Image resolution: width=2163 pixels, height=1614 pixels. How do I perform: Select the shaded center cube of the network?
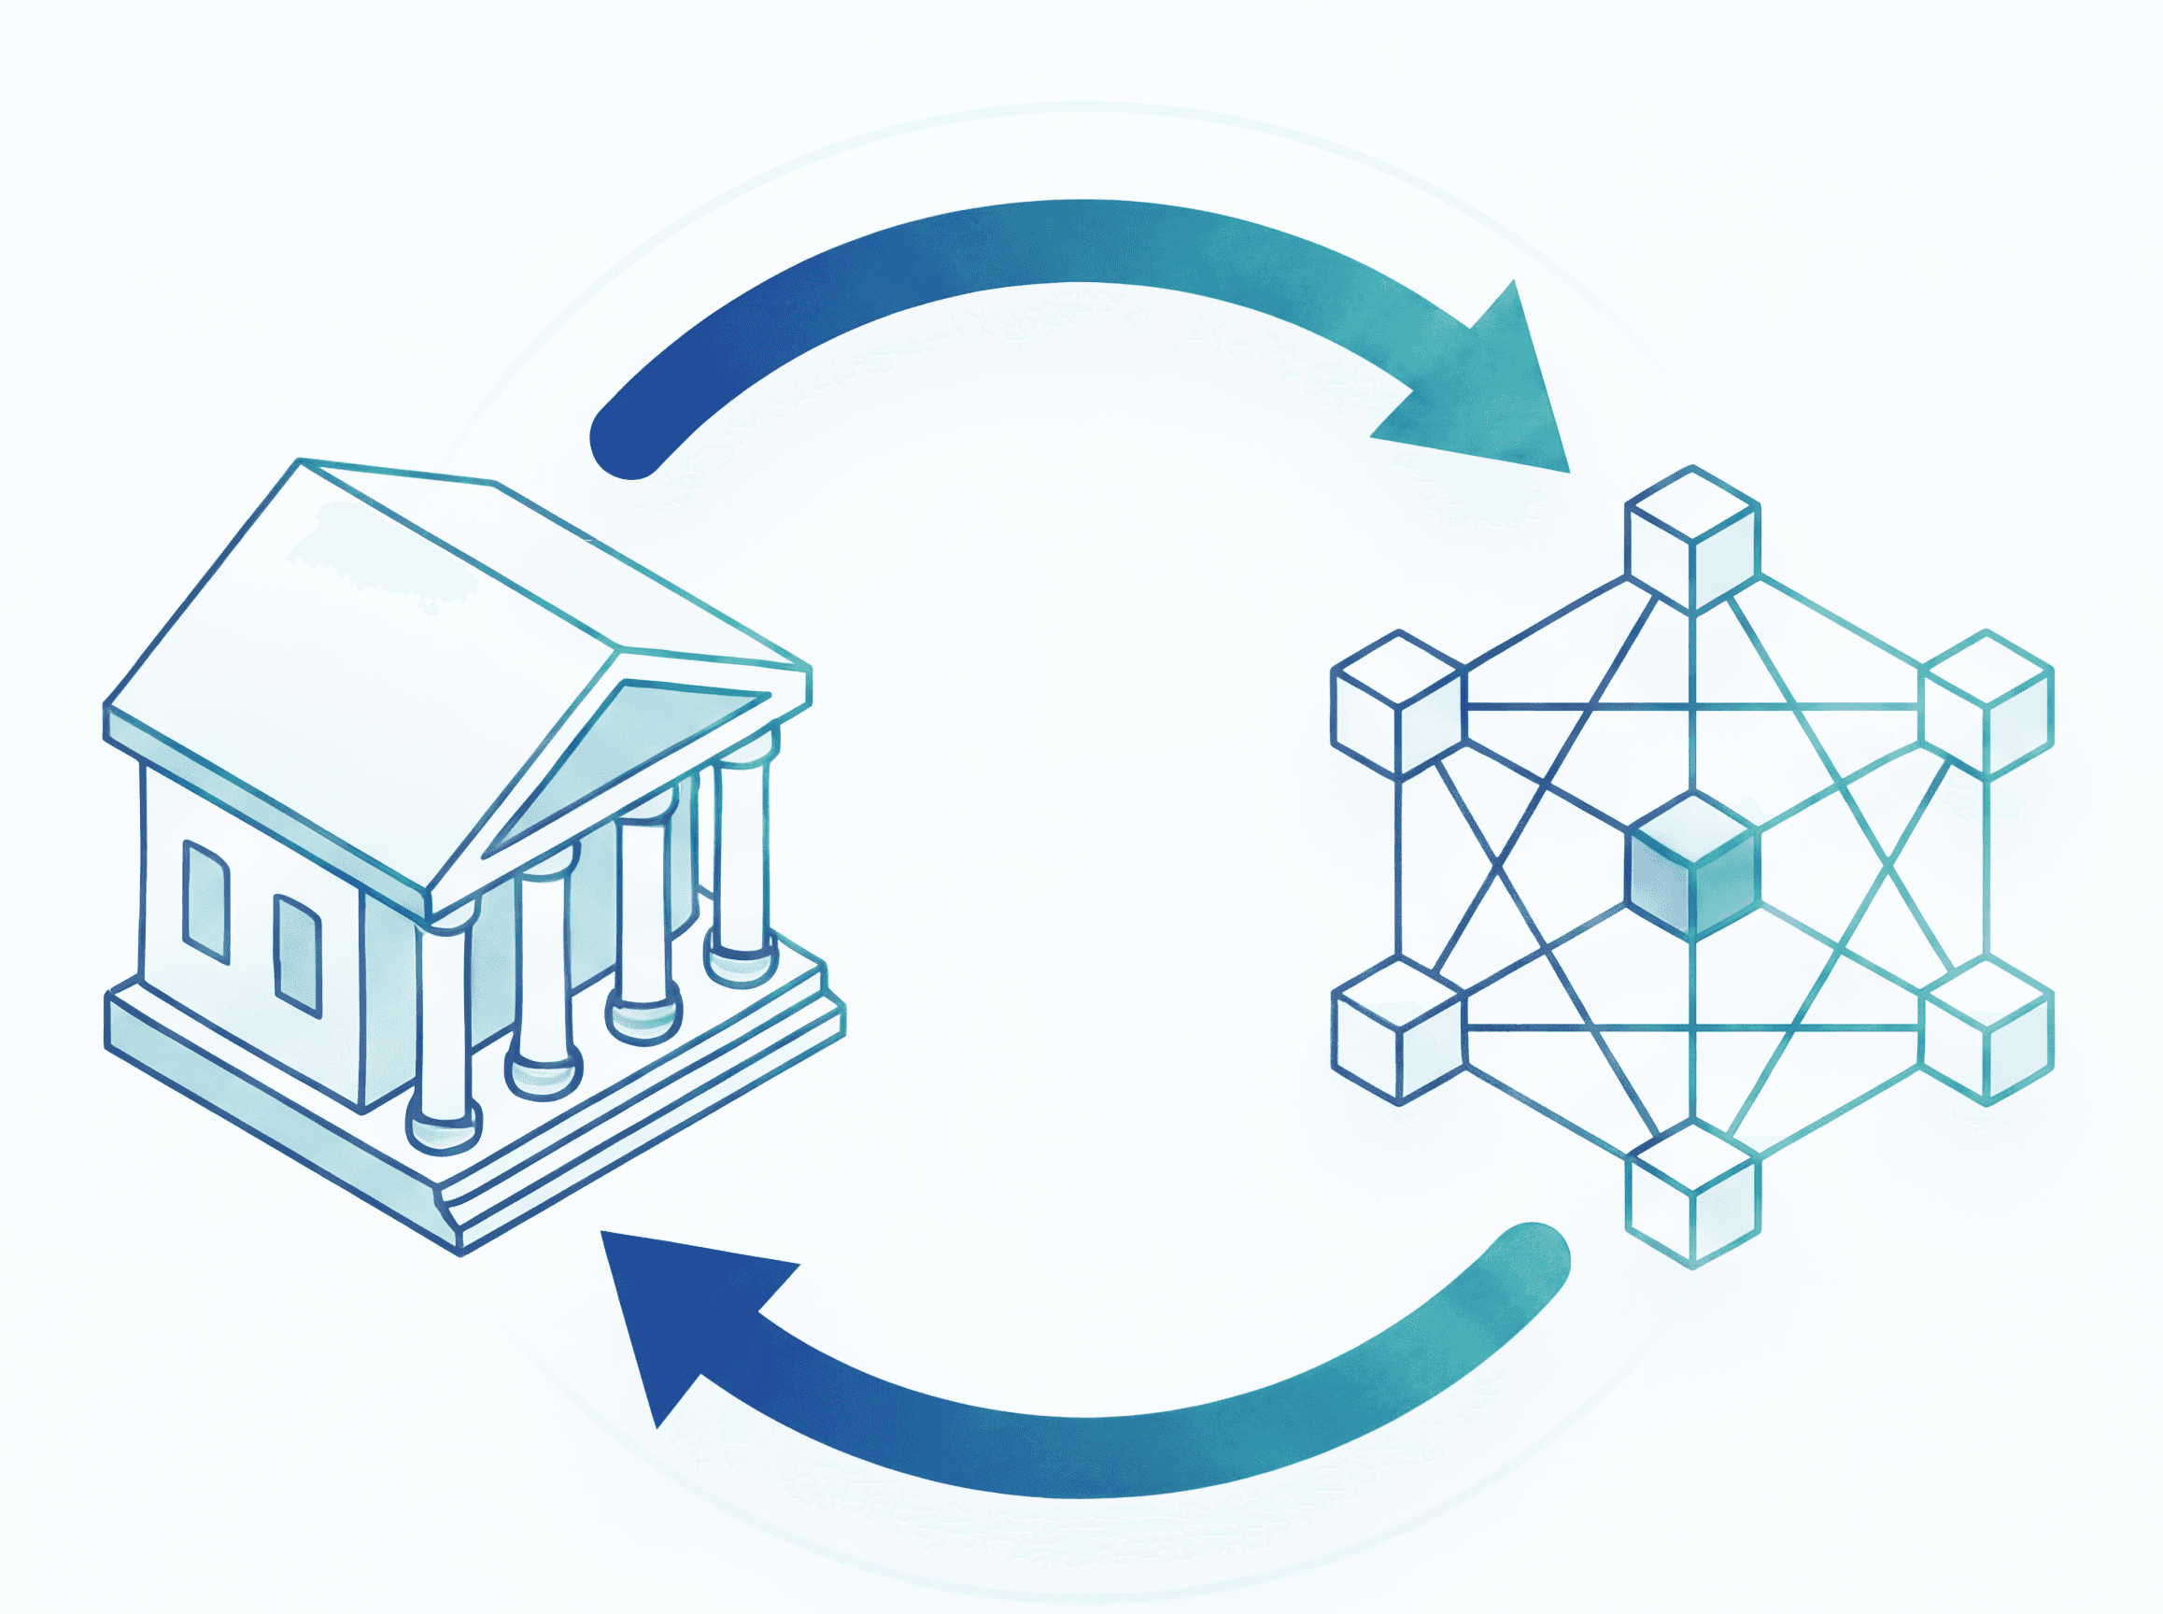1692,868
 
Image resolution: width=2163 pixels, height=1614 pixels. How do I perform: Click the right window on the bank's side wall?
298,954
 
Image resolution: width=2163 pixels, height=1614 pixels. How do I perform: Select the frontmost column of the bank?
445,1026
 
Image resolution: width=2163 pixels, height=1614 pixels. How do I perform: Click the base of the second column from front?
544,1075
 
